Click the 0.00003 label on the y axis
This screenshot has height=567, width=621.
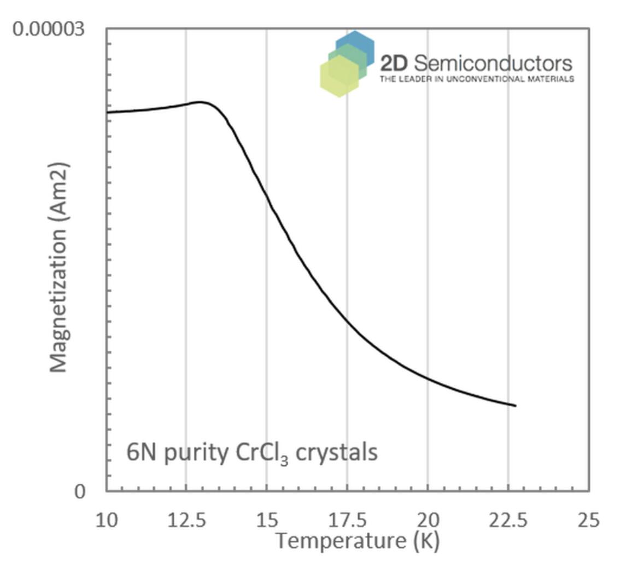tap(49, 28)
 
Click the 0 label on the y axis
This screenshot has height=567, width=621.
tap(80, 491)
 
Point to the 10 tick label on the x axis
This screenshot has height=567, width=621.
tap(107, 520)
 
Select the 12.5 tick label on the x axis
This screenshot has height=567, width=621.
tap(186, 520)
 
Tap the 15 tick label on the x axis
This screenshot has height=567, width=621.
tap(266, 520)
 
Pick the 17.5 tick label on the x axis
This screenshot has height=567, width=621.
tap(347, 520)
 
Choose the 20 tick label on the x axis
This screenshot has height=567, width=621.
tap(427, 520)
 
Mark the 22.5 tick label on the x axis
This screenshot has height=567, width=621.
tap(507, 520)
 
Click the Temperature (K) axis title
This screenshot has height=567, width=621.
tap(356, 541)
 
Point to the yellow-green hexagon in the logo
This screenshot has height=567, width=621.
tap(339, 77)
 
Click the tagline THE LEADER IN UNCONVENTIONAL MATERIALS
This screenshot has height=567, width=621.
tap(477, 79)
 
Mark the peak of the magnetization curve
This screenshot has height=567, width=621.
tap(201, 102)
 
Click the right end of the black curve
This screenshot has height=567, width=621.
tap(515, 406)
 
